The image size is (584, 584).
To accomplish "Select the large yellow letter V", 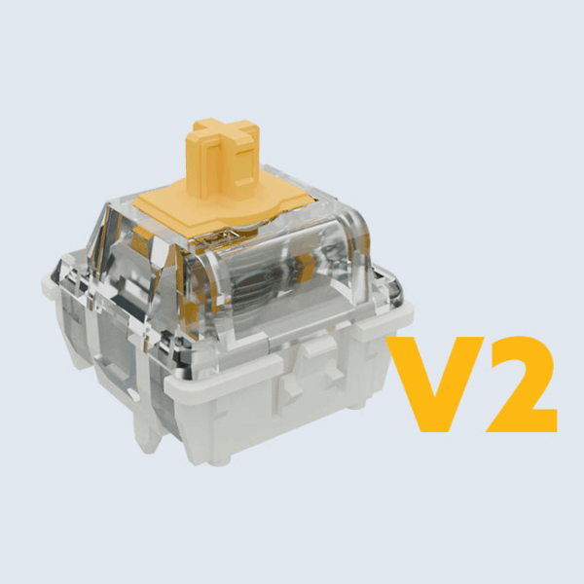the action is point(435,384).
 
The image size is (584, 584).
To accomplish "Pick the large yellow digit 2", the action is point(522,384).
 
